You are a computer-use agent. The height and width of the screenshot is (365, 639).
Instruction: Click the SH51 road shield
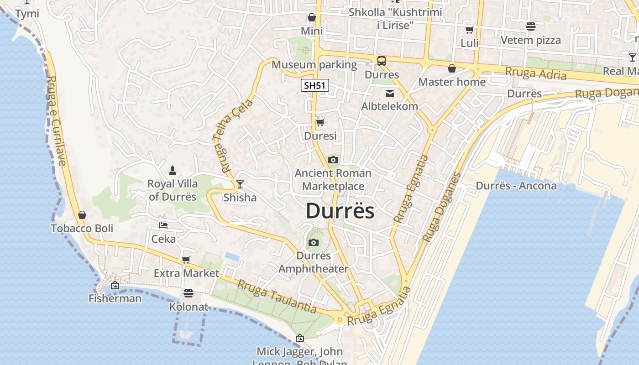[315, 85]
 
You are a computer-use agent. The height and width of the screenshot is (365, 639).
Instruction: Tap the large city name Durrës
[340, 211]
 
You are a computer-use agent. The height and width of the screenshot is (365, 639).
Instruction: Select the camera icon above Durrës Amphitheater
[313, 242]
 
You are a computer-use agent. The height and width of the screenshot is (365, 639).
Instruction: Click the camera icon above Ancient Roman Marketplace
[333, 160]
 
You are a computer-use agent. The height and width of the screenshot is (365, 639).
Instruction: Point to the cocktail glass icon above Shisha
[240, 184]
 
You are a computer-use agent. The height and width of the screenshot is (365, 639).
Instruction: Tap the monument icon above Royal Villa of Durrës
[173, 171]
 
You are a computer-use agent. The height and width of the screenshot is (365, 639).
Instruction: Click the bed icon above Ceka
[163, 225]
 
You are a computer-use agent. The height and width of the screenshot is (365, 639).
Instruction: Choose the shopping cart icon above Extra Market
[186, 260]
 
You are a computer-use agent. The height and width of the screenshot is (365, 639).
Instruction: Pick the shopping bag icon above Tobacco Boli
[82, 215]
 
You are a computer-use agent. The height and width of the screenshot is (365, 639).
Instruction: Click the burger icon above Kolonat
[189, 293]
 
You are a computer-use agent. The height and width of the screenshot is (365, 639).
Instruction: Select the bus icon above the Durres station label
[382, 61]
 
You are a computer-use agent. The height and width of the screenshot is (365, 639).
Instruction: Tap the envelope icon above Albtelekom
[390, 94]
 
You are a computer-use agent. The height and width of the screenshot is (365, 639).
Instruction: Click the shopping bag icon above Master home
[452, 69]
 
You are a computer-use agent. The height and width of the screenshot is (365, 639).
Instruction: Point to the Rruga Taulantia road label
[277, 297]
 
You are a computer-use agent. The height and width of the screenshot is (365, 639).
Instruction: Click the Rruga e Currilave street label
[57, 121]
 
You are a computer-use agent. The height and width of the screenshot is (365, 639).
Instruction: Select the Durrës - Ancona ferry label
[516, 186]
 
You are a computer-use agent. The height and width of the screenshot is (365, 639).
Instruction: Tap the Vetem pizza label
[531, 40]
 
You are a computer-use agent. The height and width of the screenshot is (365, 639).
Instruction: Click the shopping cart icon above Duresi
[320, 122]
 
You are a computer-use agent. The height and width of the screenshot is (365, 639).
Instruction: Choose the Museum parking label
[314, 65]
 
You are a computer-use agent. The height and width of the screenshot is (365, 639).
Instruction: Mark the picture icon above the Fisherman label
[115, 286]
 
